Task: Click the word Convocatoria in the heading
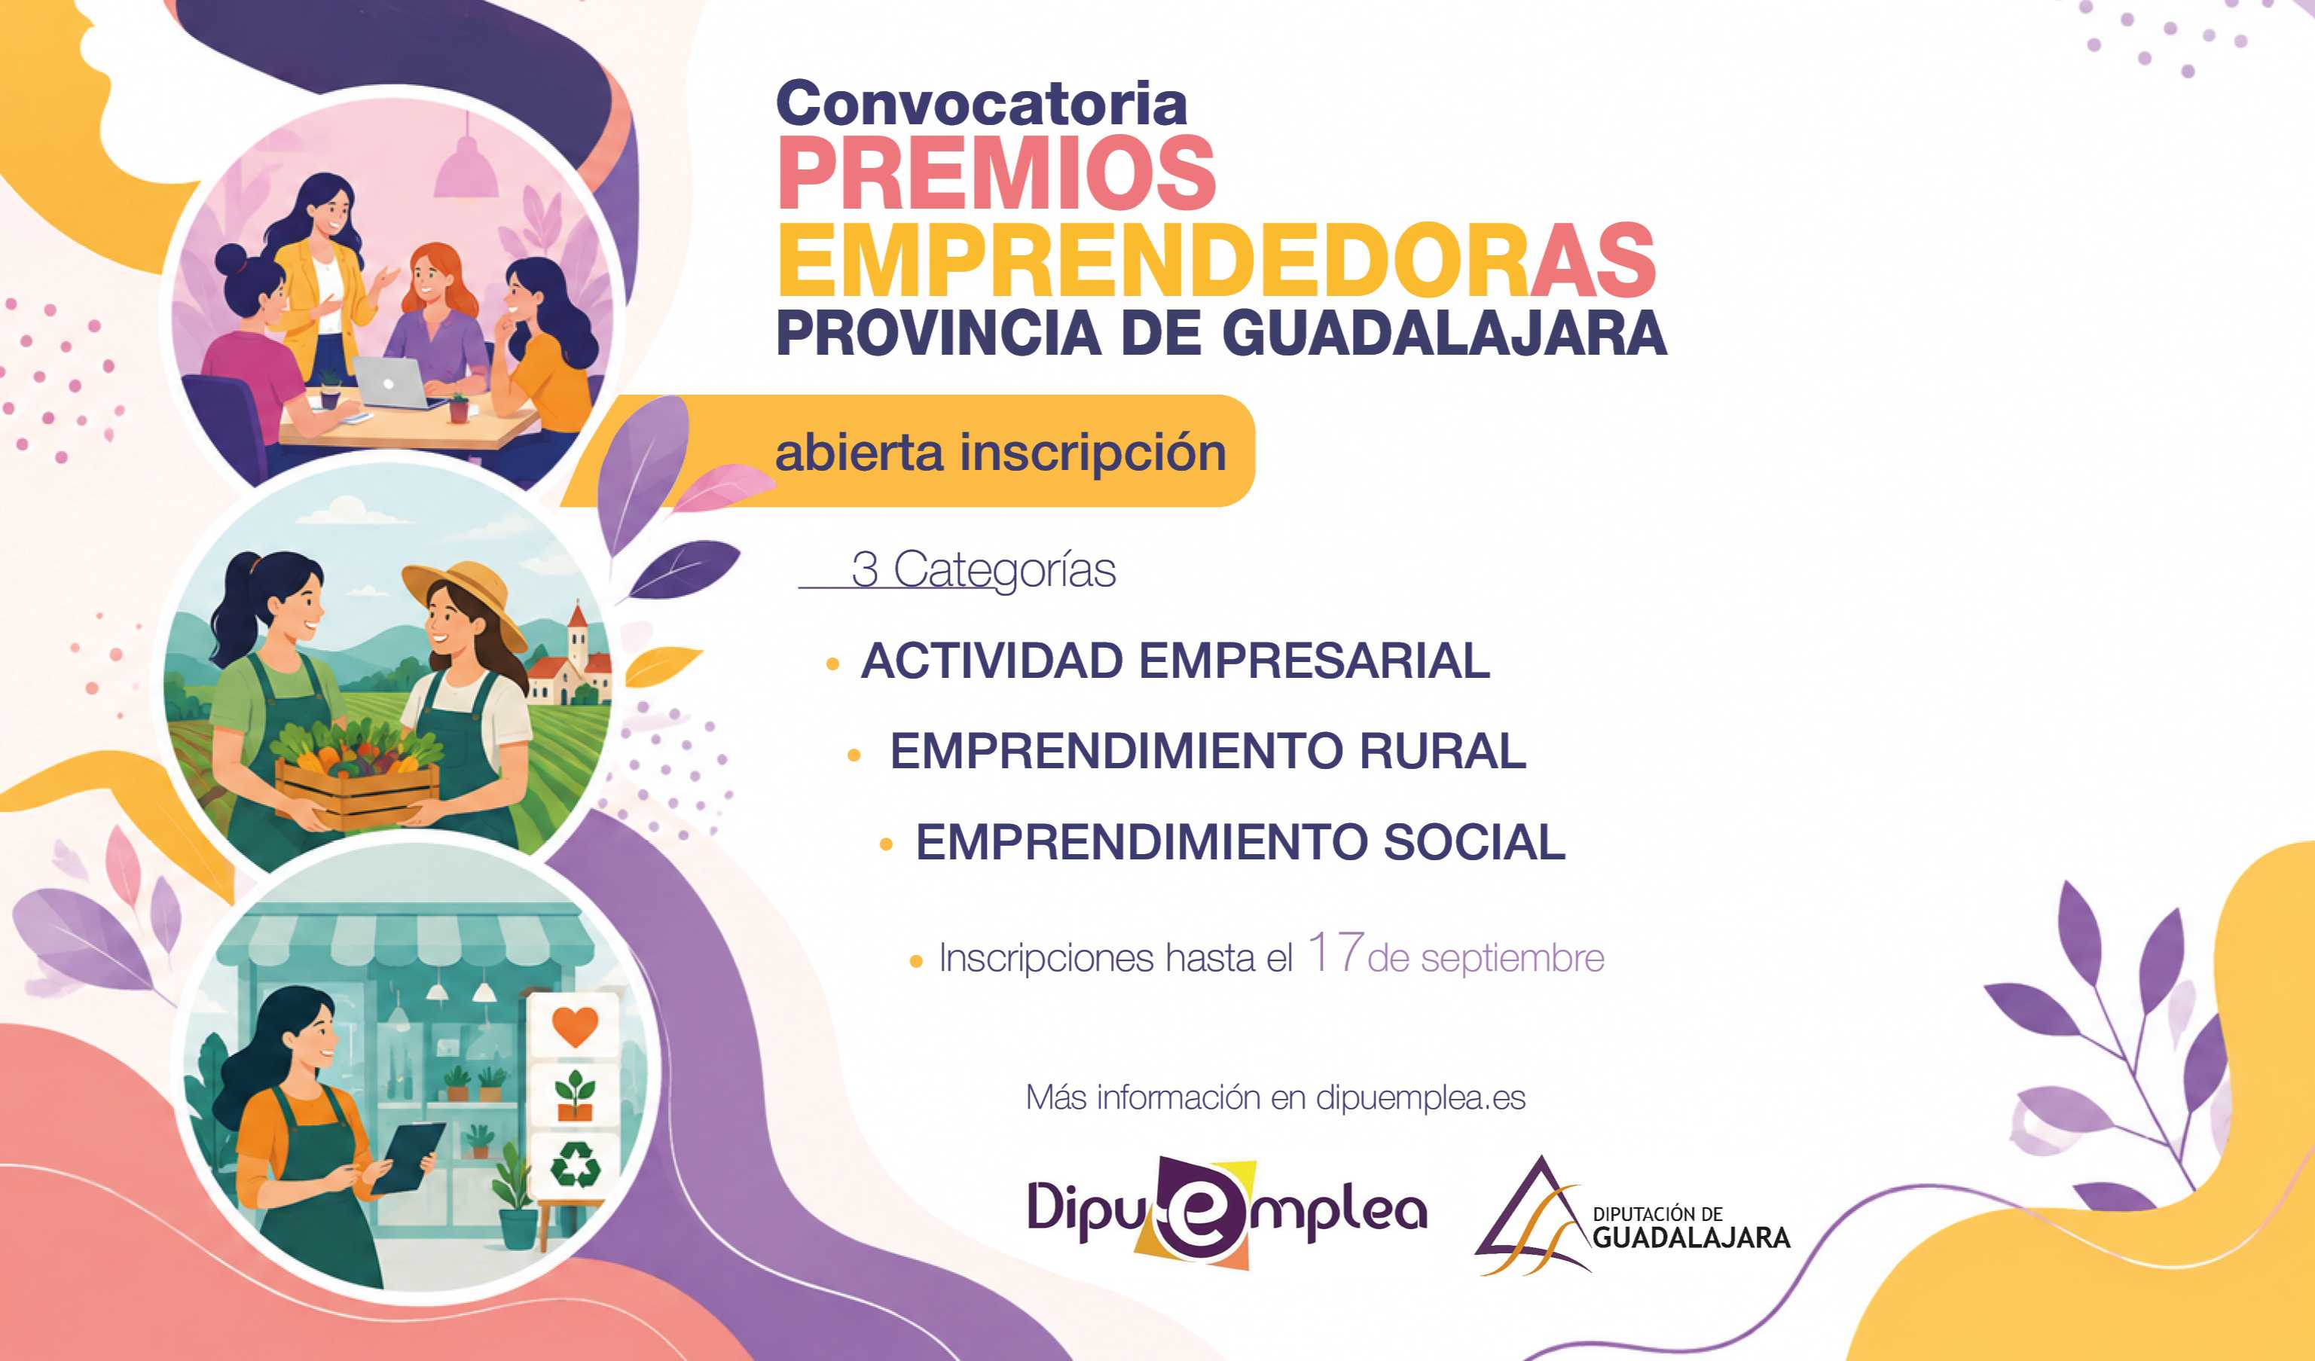[981, 104]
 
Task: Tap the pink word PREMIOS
[997, 172]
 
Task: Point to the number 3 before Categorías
[864, 569]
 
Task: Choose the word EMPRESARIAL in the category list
[1315, 661]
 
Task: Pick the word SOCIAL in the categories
[1474, 842]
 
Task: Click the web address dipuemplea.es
[1420, 1097]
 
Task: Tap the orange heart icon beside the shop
[575, 1026]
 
